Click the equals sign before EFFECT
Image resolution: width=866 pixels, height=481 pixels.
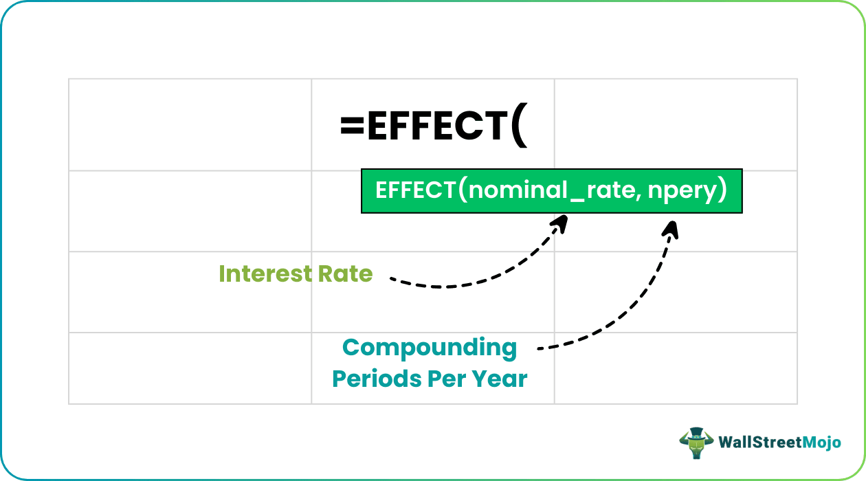point(353,126)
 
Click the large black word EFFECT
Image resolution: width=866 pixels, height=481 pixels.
point(437,126)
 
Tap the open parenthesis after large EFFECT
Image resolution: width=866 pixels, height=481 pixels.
point(519,128)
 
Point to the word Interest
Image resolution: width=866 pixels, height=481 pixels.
point(265,274)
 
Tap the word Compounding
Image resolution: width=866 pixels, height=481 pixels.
point(430,348)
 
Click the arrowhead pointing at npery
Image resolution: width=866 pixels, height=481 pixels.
point(672,227)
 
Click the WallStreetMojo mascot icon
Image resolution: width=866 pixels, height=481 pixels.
point(696,443)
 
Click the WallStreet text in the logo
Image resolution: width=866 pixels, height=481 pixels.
point(759,443)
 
